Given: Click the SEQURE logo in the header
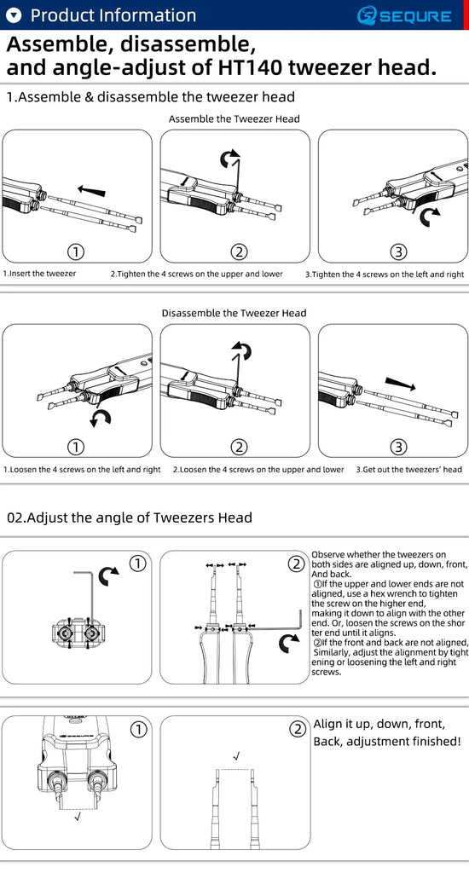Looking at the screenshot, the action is [404, 15].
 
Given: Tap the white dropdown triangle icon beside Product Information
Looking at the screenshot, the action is [14, 15].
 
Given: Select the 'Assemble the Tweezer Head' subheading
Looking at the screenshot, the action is [234, 119].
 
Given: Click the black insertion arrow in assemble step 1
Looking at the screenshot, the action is [91, 190].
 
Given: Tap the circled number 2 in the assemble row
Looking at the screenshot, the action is [239, 251].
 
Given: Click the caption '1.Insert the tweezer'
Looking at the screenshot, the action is [39, 274].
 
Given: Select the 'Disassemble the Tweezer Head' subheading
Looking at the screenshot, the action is [234, 313].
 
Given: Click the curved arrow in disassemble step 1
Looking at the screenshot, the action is [101, 418].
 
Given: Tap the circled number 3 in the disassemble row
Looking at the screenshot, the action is [397, 447].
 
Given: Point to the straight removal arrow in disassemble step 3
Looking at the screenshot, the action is [400, 383].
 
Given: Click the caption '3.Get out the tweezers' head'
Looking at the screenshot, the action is [408, 470].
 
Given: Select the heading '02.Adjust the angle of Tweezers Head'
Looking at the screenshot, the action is [130, 517].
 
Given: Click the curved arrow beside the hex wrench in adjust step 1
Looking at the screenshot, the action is [108, 575].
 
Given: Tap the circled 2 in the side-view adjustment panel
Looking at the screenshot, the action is [297, 564].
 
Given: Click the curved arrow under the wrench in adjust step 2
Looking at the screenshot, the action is [288, 643].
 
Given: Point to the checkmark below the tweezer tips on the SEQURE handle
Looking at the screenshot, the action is [78, 816].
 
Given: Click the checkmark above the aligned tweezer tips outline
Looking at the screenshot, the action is [237, 755].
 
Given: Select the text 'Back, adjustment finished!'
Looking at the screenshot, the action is [387, 742].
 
